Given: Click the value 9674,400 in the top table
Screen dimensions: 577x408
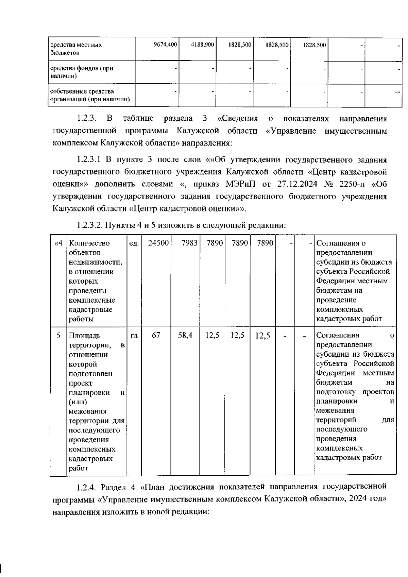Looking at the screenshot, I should click(165, 45).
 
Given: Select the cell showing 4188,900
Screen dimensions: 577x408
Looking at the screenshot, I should click(202, 45).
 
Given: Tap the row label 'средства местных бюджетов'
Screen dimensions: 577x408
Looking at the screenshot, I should click(76, 49).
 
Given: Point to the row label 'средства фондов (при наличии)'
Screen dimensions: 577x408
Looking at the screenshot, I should click(82, 72).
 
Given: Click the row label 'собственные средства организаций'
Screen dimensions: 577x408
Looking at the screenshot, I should click(90, 96).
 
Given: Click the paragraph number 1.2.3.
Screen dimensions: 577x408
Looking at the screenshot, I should click(87, 119).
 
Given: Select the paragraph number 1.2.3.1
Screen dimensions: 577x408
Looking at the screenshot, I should click(89, 160).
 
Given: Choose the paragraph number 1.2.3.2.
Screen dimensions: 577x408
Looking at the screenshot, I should click(89, 225).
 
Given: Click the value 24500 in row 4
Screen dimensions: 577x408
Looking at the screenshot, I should click(158, 243).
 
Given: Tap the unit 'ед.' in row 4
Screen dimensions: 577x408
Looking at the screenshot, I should click(134, 243).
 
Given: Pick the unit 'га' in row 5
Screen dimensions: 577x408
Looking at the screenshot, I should click(134, 336).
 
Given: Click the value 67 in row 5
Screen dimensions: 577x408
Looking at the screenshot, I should click(156, 335).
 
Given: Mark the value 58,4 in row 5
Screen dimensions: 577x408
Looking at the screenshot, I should click(185, 335).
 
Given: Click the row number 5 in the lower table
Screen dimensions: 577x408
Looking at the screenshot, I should click(58, 336).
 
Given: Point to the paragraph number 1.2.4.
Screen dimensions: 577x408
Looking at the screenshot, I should click(87, 487).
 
